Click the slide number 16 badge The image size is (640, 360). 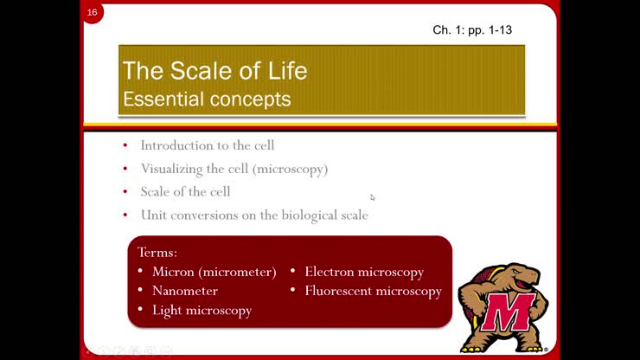point(93,13)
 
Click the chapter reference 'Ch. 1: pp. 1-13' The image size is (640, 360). point(472,30)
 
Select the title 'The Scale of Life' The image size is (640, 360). point(214,70)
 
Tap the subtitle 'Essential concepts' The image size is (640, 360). point(207,99)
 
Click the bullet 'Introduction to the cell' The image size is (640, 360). point(208,145)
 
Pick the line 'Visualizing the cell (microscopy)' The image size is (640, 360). point(234,169)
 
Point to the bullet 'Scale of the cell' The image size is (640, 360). point(185,191)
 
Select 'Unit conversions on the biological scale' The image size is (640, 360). point(254,215)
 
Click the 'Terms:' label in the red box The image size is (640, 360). point(157,252)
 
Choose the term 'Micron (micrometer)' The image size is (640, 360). point(214,272)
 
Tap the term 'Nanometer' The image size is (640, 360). point(185,291)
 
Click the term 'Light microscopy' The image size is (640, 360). point(202,310)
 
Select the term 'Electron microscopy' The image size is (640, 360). point(364,272)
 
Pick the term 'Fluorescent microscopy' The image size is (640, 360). point(373,291)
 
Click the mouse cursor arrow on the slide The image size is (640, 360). point(373,197)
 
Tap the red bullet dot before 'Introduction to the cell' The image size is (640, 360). point(125,145)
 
